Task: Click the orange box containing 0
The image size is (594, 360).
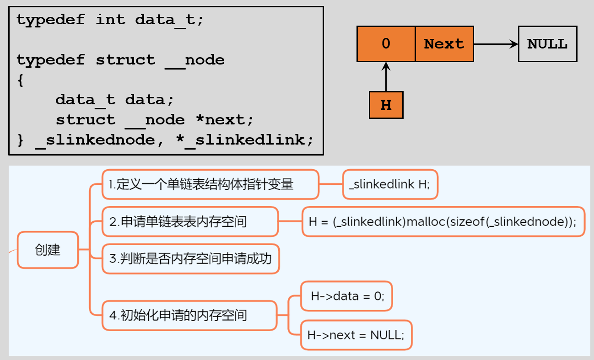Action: click(386, 44)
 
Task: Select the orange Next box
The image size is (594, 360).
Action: click(444, 44)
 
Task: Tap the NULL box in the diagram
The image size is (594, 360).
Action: click(547, 44)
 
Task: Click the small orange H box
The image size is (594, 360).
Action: click(386, 105)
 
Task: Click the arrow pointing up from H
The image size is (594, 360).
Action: click(386, 76)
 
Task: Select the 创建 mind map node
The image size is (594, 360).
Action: click(48, 250)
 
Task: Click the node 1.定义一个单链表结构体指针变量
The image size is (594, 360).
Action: click(210, 184)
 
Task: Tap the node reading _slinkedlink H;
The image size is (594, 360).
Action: click(390, 184)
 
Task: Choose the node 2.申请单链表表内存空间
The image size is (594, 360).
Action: click(190, 222)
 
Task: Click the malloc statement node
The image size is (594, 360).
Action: click(443, 222)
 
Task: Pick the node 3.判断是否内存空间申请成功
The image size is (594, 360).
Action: click(190, 259)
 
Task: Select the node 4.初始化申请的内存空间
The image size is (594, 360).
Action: click(189, 315)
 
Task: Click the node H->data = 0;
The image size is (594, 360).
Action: click(346, 296)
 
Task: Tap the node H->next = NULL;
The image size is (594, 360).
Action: click(356, 335)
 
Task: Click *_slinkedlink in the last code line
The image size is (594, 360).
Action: click(244, 140)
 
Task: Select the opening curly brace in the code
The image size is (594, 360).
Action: click(20, 80)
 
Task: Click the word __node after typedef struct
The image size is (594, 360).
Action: click(194, 60)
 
